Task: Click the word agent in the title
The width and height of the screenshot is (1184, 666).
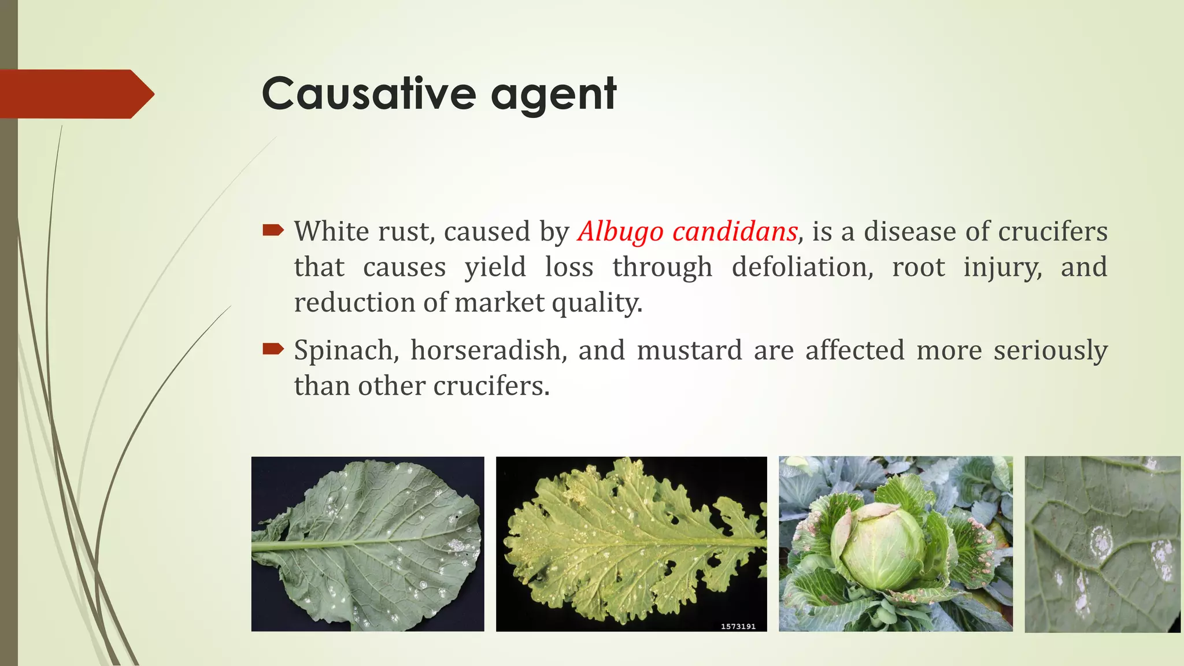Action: coord(554,95)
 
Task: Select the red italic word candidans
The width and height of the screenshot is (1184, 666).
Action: coord(735,232)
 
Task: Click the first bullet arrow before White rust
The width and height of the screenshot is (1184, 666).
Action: coord(273,231)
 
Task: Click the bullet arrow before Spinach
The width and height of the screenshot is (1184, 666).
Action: coord(273,349)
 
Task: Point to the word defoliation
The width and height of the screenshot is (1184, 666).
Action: coord(802,267)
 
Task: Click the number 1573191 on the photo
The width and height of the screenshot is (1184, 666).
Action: coord(738,626)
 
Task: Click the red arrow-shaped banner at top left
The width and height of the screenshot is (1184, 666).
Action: coord(75,94)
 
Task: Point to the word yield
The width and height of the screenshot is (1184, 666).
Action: coord(495,268)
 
